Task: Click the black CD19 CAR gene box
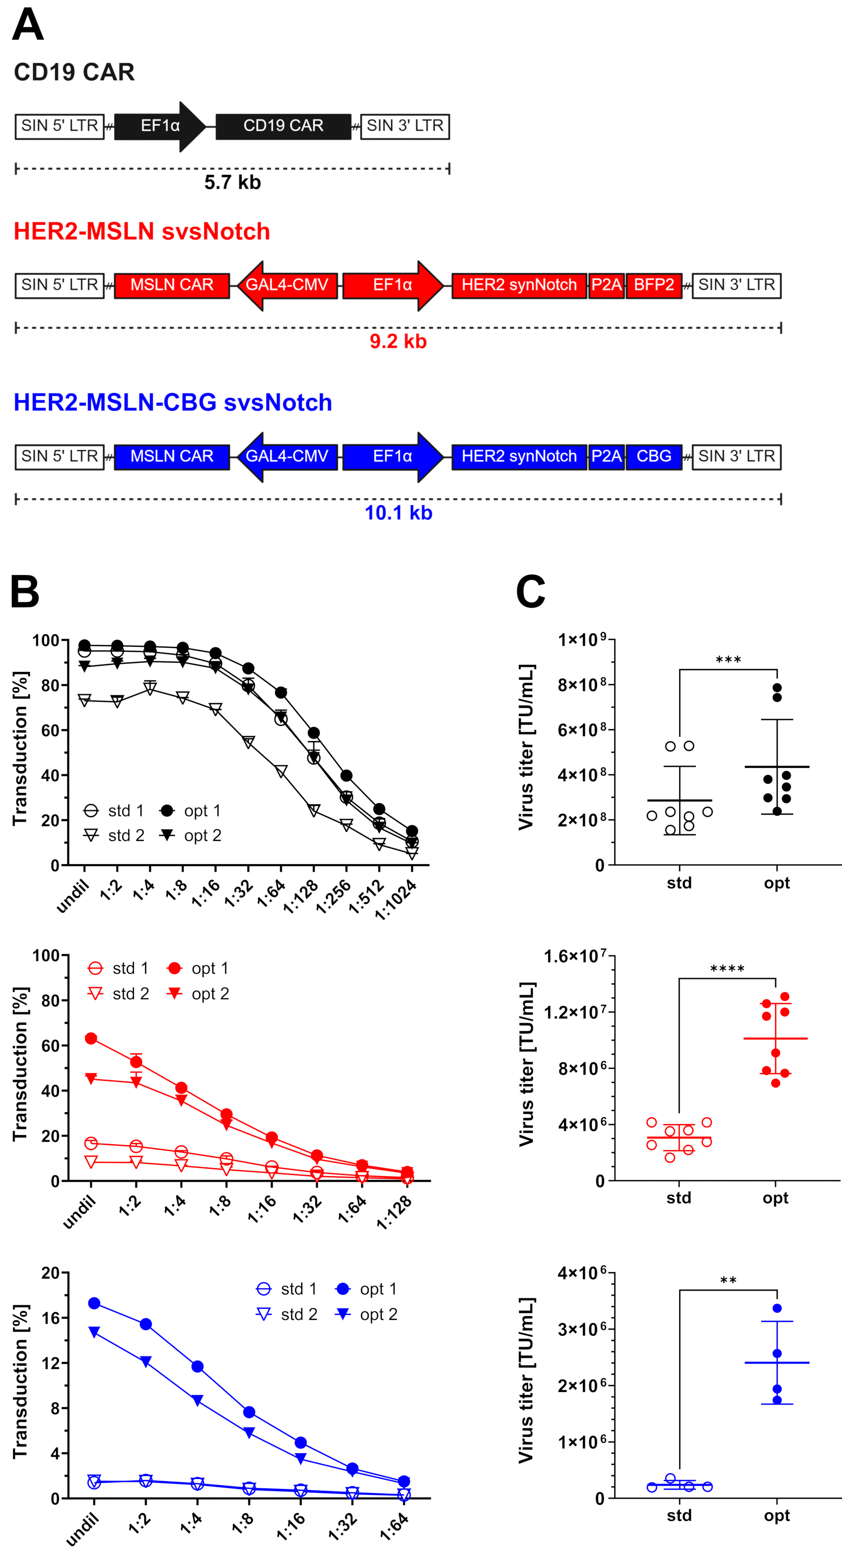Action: pos(283,126)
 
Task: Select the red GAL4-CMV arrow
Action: pos(287,285)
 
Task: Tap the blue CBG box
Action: pos(654,456)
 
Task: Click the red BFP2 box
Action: pos(654,285)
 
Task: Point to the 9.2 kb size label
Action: pos(398,342)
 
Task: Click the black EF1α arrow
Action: pos(160,126)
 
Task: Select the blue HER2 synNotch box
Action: pos(519,456)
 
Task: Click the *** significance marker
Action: pos(728,660)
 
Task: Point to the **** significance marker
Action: pos(727,969)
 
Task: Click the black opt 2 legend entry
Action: pos(190,835)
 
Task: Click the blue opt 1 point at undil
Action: pos(94,1303)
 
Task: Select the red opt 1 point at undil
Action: pos(91,1039)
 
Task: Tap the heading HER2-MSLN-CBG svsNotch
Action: pos(173,402)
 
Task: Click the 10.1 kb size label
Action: pos(398,513)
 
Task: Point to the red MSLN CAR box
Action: pos(172,285)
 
